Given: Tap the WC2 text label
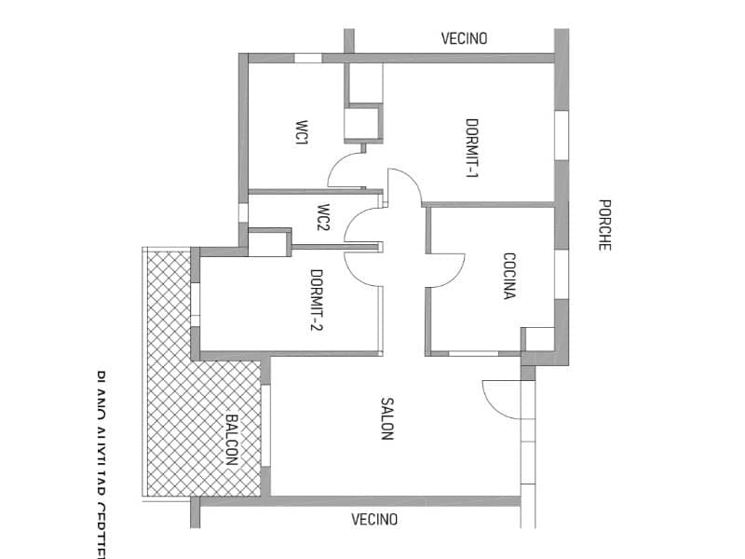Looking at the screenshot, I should [x=323, y=217].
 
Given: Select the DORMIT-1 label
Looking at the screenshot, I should [x=472, y=148].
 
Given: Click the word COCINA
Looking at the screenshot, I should [x=509, y=276].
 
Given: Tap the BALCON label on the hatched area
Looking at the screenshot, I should [x=232, y=440].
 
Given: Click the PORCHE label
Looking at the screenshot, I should [x=604, y=225].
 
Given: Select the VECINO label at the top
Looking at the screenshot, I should [x=464, y=39].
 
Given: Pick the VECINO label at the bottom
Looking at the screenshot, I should [x=374, y=519].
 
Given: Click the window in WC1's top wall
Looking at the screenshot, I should [x=307, y=58].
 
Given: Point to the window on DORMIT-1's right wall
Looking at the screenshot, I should [x=561, y=135].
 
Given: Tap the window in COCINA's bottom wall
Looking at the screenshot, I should [x=473, y=353].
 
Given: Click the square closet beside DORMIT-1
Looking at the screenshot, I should [x=362, y=124].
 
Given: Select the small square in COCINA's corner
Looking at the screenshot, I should [x=537, y=338].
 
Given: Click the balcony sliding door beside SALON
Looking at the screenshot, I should [x=265, y=425].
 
